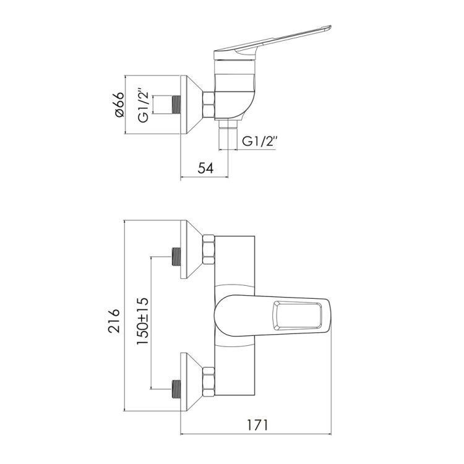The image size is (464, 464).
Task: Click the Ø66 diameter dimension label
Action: [120, 105]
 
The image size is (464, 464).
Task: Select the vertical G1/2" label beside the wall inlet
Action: [143, 105]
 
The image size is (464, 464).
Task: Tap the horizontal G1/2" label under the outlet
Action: [259, 142]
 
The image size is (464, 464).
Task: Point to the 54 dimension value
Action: [205, 168]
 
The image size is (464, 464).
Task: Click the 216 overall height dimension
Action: [114, 321]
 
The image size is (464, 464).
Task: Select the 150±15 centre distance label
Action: [142, 321]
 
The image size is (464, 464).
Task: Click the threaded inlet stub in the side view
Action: [176, 105]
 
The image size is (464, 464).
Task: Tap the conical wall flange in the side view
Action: [191, 105]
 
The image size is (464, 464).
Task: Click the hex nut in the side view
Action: [208, 105]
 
